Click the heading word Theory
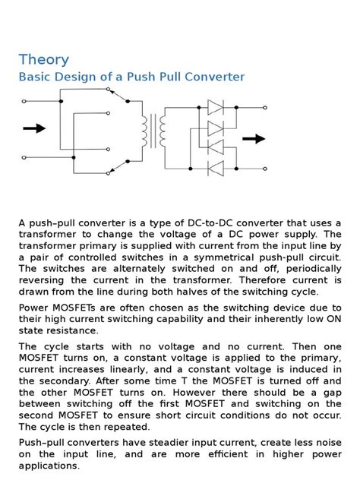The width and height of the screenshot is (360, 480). point(44,59)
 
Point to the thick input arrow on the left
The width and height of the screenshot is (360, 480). point(34,128)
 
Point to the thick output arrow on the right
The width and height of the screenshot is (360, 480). point(254,138)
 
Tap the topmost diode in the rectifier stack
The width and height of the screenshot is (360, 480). point(216,108)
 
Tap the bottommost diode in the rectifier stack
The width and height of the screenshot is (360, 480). point(216,166)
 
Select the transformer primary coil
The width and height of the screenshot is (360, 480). point(143,131)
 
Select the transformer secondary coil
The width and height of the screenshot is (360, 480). point(162,131)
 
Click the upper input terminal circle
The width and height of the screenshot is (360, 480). point(25,101)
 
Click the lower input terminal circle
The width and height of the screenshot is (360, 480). point(25,158)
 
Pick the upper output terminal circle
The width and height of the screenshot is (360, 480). point(265,108)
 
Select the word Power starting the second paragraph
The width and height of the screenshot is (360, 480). point(35,308)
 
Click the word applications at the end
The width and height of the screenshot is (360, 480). point(52,466)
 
